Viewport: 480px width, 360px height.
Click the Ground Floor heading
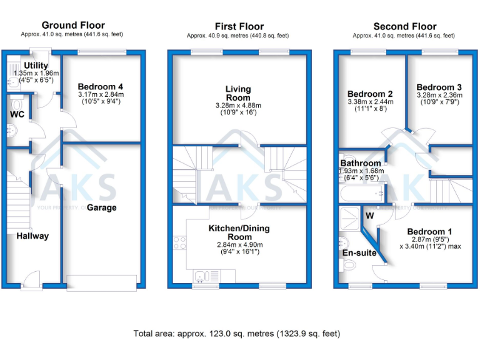pyautogui.click(x=73, y=25)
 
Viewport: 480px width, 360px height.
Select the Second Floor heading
pyautogui.click(x=404, y=26)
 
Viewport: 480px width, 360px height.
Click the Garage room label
pyautogui.click(x=101, y=207)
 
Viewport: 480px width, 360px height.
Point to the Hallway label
pyautogui.click(x=32, y=236)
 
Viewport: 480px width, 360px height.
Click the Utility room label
pyautogui.click(x=36, y=65)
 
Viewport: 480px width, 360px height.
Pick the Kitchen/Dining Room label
pyautogui.click(x=240, y=232)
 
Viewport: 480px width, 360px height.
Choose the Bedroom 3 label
pyautogui.click(x=439, y=87)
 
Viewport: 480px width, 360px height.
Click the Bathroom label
pyautogui.click(x=361, y=164)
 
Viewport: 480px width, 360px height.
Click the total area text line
pyautogui.click(x=237, y=333)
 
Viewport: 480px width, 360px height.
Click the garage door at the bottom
pyautogui.click(x=101, y=282)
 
